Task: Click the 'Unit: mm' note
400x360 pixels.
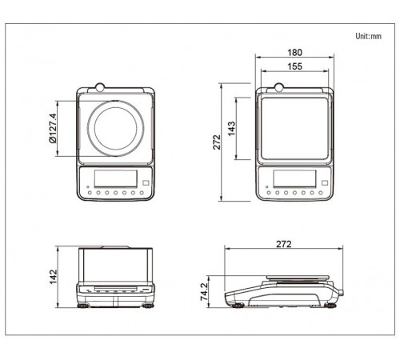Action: tap(368, 36)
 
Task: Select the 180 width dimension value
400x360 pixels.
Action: tap(294, 53)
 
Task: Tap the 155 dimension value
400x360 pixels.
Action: tap(294, 66)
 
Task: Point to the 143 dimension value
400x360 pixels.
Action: tap(232, 129)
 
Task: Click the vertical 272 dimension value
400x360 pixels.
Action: tap(217, 142)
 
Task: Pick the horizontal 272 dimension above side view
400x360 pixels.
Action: tap(284, 244)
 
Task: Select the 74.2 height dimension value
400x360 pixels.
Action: tap(204, 292)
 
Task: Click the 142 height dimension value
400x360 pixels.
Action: tap(54, 277)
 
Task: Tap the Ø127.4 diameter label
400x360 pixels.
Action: tap(53, 128)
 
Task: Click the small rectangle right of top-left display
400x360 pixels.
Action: tap(146, 183)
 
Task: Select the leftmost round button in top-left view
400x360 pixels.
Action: tap(90, 193)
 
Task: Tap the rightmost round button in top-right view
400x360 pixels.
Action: tap(321, 193)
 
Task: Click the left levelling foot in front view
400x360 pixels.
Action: tap(82, 306)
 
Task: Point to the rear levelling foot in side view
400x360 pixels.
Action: tap(330, 306)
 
